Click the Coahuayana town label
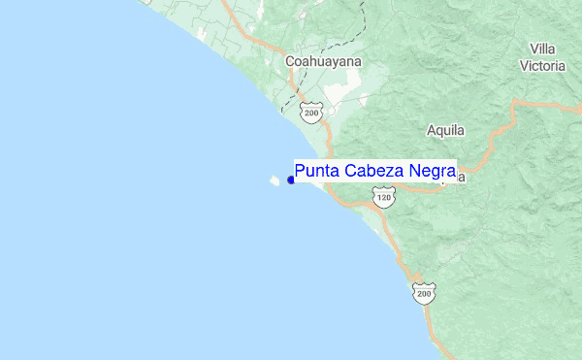323,61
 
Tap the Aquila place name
445,130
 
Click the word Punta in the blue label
317,170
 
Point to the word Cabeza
374,170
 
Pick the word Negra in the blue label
433,171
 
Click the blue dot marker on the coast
291,180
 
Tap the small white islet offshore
275,180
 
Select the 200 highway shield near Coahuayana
310,113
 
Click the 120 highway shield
384,198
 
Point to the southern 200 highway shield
424,292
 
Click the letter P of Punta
301,170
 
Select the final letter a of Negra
451,171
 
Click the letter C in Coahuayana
290,61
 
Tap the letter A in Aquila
432,130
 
